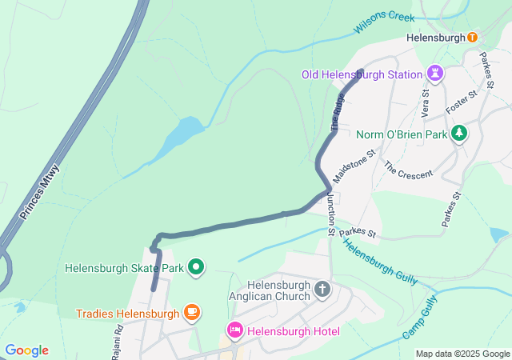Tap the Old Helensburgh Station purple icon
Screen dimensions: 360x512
[x=435, y=74]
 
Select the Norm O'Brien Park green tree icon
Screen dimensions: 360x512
[x=458, y=134]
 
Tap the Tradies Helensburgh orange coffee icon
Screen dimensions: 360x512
[x=190, y=312]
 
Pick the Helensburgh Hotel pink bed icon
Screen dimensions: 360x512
[x=235, y=330]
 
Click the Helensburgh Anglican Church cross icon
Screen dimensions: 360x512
[x=322, y=289]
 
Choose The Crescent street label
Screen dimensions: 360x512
[x=408, y=169]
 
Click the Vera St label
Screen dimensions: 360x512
[x=423, y=102]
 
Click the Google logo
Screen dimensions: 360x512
[x=26, y=350]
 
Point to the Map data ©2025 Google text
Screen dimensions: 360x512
[x=462, y=354]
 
